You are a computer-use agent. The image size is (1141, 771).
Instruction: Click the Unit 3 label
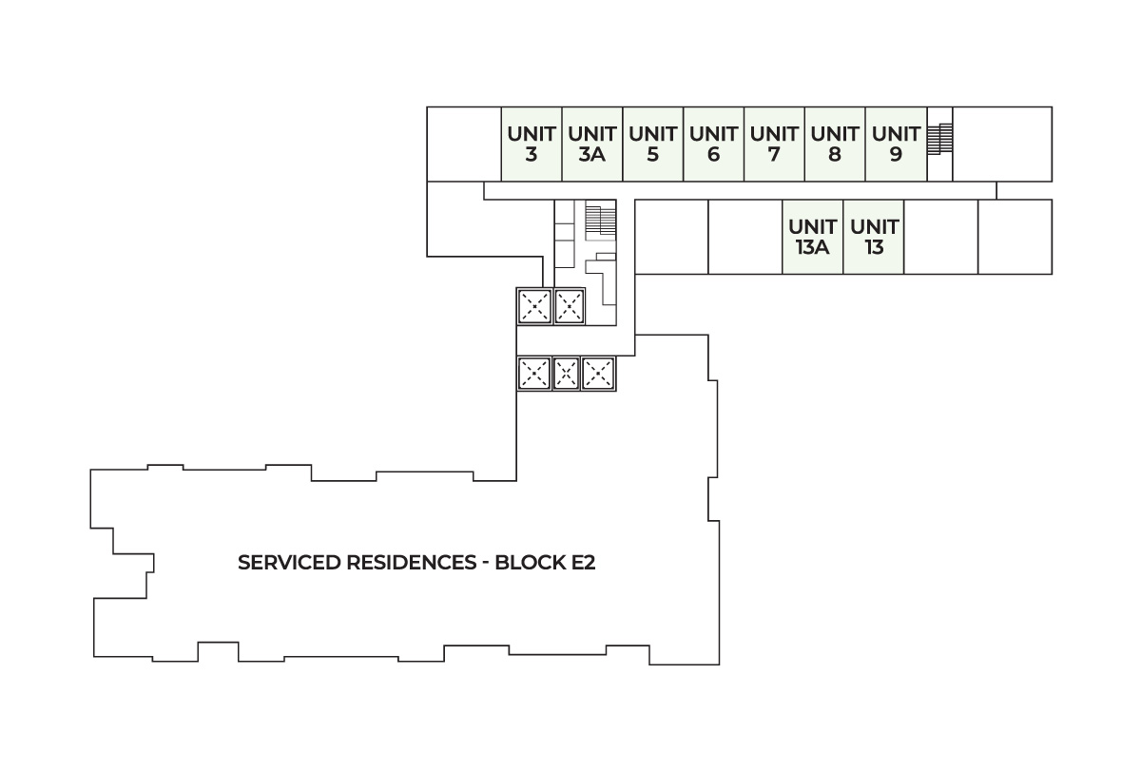click(532, 144)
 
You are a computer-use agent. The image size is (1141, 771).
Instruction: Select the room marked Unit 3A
click(591, 144)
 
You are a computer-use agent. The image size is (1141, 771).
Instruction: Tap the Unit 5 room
click(652, 144)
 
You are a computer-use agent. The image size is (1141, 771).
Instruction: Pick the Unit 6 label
click(713, 144)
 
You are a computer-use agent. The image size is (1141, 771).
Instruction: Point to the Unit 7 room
click(774, 144)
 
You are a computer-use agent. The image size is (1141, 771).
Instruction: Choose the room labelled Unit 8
click(835, 144)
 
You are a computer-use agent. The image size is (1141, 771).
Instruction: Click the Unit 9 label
click(896, 144)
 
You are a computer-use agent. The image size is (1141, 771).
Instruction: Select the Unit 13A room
click(813, 238)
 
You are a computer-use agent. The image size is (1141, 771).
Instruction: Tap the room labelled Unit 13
click(874, 238)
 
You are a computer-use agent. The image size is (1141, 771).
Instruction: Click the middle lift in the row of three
click(567, 374)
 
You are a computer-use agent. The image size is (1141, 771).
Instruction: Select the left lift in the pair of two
click(533, 306)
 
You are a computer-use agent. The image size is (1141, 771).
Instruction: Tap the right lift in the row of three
click(598, 374)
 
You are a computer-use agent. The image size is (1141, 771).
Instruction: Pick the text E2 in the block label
click(582, 563)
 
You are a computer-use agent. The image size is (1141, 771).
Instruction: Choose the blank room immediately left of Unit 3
click(464, 144)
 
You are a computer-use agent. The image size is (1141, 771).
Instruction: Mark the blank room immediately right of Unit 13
click(940, 238)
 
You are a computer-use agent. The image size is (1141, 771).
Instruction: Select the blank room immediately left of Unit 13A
click(745, 238)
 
